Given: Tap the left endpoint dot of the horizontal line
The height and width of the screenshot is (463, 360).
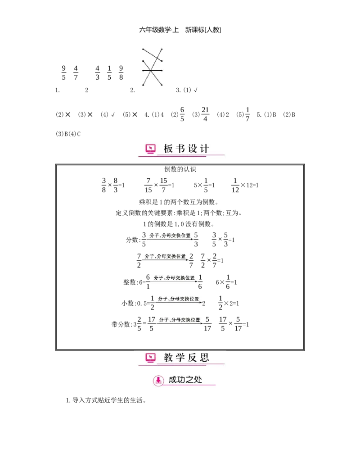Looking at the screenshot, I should [x=143, y=71].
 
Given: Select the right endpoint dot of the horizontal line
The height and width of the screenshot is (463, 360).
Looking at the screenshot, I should [x=161, y=71].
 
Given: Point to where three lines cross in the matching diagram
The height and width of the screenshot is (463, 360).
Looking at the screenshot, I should [x=152, y=71].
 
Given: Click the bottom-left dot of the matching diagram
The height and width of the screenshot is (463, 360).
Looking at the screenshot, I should [x=143, y=84].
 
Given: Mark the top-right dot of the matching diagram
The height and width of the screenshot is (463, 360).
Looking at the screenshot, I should [x=161, y=49].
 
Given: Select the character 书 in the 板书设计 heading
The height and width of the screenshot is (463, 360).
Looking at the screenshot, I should [x=180, y=149].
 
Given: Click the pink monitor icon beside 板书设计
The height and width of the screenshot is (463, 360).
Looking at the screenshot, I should [x=150, y=149].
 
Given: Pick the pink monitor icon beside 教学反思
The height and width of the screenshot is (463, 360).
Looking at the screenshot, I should [x=150, y=358].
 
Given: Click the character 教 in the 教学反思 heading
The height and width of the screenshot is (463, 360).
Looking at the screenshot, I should [x=168, y=358].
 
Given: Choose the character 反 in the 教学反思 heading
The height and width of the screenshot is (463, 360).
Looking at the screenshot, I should [x=193, y=358].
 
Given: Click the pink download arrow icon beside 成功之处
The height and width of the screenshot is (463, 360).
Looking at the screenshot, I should [x=158, y=380].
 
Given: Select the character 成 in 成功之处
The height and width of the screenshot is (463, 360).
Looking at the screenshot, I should [x=173, y=380].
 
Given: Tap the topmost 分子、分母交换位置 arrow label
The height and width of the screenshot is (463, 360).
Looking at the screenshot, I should [x=170, y=236].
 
